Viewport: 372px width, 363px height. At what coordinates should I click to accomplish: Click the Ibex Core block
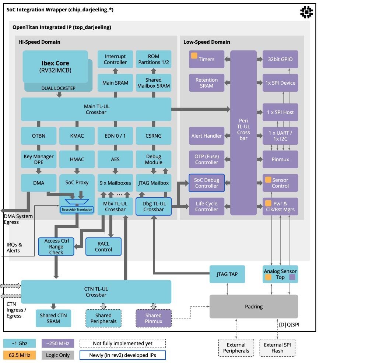pos(55,67)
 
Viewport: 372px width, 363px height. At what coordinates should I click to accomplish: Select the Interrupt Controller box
pos(115,59)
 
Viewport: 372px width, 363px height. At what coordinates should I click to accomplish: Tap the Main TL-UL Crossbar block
pos(96,109)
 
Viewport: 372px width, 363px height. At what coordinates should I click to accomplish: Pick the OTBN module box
pos(39,136)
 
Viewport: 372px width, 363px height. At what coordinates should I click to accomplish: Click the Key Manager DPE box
pos(39,159)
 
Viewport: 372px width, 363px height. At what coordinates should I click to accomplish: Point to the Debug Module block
pos(154,159)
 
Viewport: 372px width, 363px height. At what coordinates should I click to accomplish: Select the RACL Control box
pos(103,247)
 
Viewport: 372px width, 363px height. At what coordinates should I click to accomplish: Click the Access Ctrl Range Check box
pos(56,247)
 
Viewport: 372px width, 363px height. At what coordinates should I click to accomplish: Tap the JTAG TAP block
pos(227,274)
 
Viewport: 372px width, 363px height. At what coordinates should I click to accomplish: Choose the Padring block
pos(254,307)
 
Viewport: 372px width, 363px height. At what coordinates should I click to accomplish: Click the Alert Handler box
pos(207,136)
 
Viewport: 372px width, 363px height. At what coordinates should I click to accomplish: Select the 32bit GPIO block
pos(280,59)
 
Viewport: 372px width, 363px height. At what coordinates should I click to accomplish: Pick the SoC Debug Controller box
pos(207,183)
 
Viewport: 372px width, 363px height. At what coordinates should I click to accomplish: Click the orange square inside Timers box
pos(194,56)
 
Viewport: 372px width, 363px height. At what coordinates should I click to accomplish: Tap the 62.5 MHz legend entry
pos(20,355)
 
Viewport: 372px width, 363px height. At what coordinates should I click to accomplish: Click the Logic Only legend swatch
pos(58,355)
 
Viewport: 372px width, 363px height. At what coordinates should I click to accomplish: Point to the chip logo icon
pos(306,12)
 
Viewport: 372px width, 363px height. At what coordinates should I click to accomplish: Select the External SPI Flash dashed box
pos(277,348)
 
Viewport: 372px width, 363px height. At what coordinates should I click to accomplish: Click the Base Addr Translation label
pos(77,209)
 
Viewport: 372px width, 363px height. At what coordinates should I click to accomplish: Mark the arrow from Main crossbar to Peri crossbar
pos(201,109)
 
